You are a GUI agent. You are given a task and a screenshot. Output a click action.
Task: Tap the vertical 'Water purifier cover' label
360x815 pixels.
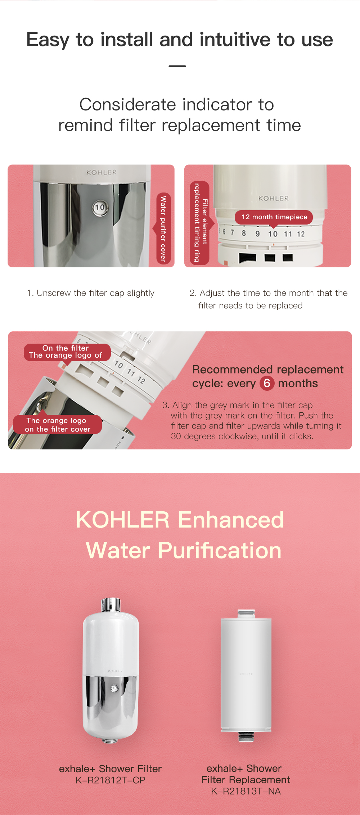(164, 228)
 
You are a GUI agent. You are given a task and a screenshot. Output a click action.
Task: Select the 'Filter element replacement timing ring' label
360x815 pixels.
(200, 223)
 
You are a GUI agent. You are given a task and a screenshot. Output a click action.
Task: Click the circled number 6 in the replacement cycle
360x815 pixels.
(267, 383)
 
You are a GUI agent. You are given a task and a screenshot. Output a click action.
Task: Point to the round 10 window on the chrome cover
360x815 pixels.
(100, 208)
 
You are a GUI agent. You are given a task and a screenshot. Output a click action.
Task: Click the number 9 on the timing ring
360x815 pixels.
(257, 234)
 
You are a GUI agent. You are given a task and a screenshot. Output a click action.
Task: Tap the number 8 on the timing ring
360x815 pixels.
(244, 233)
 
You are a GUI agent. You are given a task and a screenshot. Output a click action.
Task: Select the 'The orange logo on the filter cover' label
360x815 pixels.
(57, 425)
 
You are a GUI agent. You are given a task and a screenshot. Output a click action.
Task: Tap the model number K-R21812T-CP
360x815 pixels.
(110, 780)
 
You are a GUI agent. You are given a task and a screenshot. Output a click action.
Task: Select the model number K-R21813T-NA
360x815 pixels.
(246, 791)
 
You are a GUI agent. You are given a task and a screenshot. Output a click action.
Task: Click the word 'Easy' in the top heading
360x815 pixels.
(48, 40)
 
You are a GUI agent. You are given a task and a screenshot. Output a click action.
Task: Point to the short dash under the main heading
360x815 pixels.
(177, 66)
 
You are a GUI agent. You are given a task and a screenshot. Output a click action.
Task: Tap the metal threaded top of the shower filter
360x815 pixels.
(111, 605)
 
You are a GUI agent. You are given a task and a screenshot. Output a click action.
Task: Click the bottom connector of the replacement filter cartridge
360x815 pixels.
(246, 737)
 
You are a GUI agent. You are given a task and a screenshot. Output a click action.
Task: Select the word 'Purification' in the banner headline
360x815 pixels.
(220, 551)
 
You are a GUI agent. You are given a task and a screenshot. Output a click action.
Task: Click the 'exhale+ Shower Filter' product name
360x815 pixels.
(110, 769)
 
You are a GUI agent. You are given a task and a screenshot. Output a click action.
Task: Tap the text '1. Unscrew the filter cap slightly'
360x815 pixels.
(90, 293)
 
